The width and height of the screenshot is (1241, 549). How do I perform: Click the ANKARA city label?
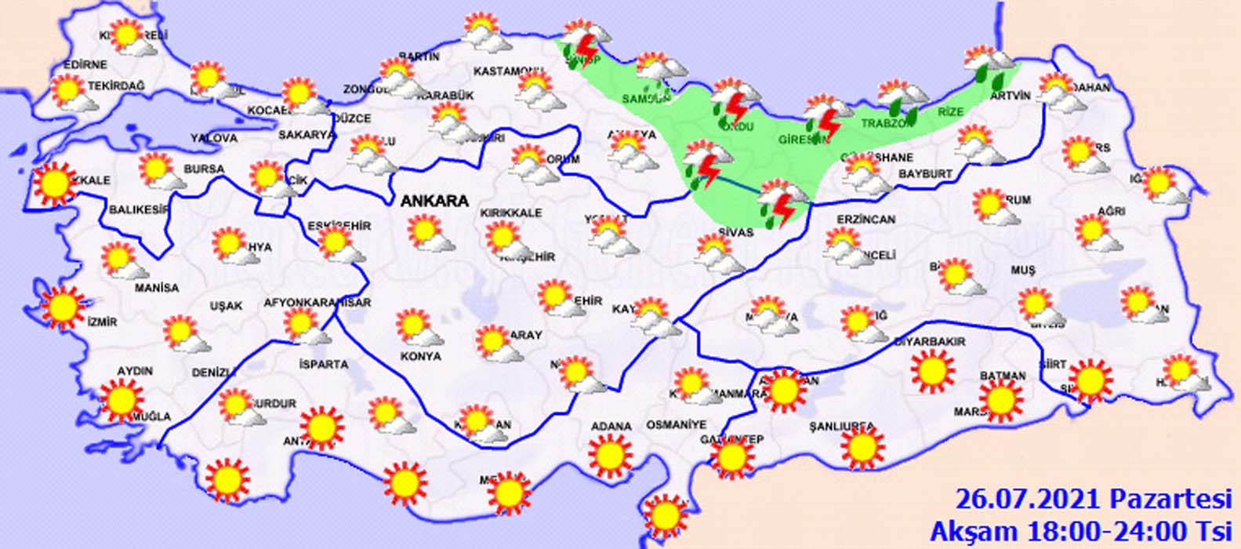[434, 201]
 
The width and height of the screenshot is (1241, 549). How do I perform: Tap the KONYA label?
[420, 356]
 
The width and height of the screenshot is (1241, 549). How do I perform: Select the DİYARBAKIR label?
[930, 342]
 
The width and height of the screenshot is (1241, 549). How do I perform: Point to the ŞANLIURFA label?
[842, 427]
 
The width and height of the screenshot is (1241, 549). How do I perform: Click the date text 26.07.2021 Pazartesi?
[1094, 498]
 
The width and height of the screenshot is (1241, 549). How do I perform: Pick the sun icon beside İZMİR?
[63, 307]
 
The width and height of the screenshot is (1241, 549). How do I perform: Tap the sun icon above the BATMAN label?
[1001, 399]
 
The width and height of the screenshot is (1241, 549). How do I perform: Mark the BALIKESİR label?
[140, 209]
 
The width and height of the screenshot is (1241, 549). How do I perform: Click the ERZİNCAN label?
[865, 220]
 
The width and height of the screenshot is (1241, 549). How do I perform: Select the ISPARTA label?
[323, 365]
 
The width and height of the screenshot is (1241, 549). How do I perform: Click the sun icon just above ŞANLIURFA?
[862, 447]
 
